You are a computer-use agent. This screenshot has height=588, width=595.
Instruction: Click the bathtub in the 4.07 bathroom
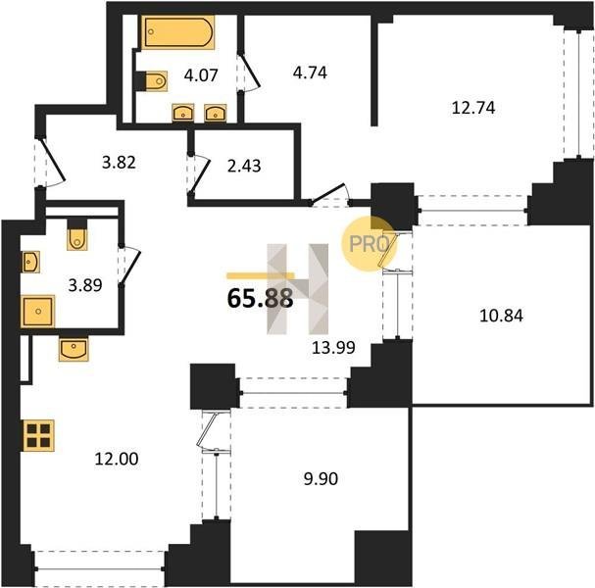coord(178,32)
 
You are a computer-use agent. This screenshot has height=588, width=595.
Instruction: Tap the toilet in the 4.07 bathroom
coord(156,80)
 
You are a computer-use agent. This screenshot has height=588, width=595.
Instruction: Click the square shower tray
coord(38,311)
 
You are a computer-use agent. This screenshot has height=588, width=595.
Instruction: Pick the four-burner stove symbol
coord(38,435)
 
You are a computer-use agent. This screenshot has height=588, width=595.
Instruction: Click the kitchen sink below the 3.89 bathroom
coord(74,348)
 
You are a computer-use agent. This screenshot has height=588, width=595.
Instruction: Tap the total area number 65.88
coord(261,299)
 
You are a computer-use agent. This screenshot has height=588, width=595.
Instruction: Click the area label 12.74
coord(473,108)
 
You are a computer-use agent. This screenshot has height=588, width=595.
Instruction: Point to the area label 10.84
coord(501,316)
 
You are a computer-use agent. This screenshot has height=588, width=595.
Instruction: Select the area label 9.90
coord(321,479)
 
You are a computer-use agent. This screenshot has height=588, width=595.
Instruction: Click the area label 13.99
coord(333,347)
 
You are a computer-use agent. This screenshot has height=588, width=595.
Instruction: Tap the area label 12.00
coord(117,459)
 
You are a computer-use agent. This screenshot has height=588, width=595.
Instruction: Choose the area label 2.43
coord(244,166)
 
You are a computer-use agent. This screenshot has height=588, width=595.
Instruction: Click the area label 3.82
coord(119,163)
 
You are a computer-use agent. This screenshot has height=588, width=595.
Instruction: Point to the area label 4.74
coord(310,73)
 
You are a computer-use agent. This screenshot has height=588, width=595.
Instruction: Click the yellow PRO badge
coord(369,244)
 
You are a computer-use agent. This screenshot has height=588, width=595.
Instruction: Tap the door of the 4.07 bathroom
coord(250,73)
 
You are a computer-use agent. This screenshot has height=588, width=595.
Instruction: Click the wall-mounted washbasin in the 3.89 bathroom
coord(30,262)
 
